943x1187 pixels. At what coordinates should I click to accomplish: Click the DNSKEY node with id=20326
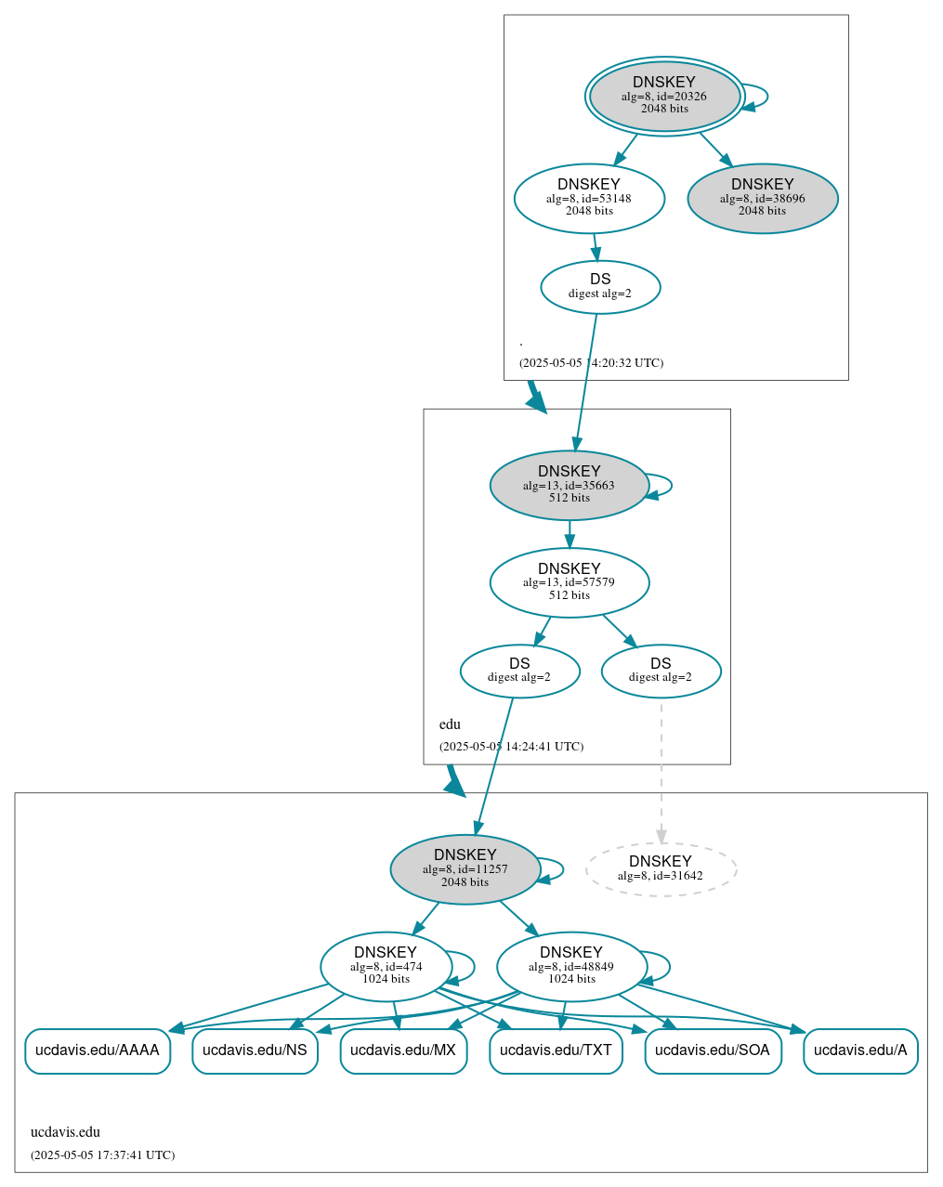(664, 96)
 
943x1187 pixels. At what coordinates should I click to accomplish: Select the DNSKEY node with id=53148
(589, 198)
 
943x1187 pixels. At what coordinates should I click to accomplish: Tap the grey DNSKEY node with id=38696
(763, 198)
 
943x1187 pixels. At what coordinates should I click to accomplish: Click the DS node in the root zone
(600, 287)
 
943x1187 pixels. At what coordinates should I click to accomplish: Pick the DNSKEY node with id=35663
(570, 485)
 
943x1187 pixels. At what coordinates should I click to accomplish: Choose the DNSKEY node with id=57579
(570, 582)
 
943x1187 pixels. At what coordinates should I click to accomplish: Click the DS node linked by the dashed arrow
(661, 671)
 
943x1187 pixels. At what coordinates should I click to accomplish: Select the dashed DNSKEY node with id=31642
(661, 869)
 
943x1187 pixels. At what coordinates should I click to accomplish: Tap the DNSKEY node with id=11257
(465, 869)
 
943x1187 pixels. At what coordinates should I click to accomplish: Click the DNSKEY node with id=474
(386, 967)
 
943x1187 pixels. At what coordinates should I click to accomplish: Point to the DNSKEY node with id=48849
(571, 967)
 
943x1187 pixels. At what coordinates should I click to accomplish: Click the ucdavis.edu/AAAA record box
(98, 1050)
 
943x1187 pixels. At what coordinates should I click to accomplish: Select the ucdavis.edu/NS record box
(255, 1050)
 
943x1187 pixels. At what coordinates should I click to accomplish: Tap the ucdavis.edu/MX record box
(403, 1050)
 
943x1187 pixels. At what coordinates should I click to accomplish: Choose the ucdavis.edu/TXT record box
(556, 1050)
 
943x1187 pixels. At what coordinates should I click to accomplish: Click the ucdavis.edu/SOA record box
(713, 1050)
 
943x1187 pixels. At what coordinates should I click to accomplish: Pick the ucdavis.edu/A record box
(860, 1050)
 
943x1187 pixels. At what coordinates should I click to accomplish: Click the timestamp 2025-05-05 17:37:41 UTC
(102, 1155)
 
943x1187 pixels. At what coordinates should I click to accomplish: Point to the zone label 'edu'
(450, 724)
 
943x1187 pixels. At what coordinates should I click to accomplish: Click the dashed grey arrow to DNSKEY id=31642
(661, 771)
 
